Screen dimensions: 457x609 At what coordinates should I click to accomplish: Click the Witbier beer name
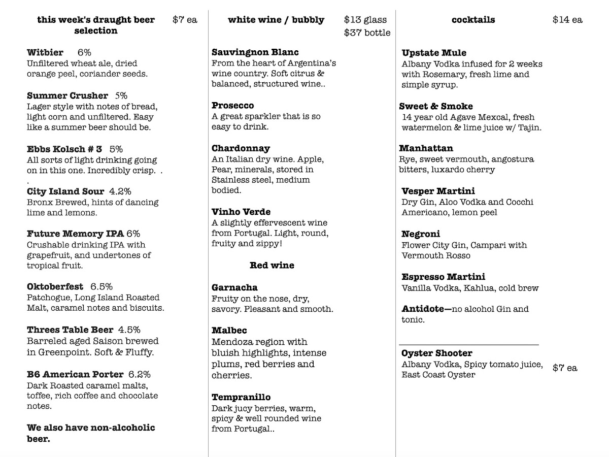45,52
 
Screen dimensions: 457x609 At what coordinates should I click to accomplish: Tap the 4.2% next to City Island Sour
120,191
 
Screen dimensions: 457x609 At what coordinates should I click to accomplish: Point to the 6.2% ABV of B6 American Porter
139,375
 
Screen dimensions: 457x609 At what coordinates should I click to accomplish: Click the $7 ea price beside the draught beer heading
185,20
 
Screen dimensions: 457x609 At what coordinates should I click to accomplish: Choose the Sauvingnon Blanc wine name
255,52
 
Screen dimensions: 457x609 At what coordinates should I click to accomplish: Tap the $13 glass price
365,20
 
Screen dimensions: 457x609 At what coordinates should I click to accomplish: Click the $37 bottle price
367,33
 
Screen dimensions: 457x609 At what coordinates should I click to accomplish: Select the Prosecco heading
233,106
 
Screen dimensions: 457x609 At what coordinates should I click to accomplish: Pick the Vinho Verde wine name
241,212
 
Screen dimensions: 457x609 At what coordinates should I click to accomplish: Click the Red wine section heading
272,266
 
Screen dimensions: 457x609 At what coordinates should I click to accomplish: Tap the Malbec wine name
229,331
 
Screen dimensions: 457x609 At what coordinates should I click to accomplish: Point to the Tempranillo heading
241,397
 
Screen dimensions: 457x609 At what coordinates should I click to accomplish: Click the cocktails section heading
473,20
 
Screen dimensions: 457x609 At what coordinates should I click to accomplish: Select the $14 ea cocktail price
567,20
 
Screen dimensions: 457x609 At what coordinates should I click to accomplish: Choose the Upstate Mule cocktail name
434,53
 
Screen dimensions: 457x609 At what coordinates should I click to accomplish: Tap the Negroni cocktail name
421,234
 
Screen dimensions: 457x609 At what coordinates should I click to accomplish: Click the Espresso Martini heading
443,277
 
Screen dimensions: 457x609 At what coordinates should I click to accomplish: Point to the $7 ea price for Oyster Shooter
565,368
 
